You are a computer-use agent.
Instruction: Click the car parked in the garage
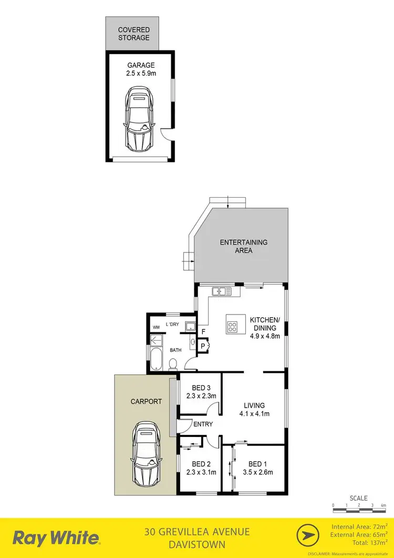[x=139, y=118]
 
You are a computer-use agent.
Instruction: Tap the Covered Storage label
[x=133, y=34]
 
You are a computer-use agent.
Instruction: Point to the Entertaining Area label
[x=243, y=246]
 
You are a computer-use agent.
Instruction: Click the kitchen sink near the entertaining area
[x=220, y=290]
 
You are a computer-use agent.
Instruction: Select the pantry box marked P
[x=202, y=346]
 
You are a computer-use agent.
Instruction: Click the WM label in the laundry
[x=156, y=327]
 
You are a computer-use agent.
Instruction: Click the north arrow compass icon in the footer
[x=309, y=536]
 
